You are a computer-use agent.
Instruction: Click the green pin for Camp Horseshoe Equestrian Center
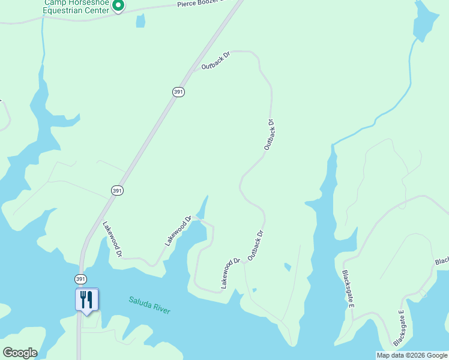point(118,6)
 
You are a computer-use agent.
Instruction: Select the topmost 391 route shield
point(178,92)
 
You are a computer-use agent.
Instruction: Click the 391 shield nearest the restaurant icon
point(80,280)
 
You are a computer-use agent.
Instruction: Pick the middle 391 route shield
point(117,190)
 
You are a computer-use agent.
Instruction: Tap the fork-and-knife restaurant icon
point(86,299)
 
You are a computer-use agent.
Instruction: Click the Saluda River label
point(149,305)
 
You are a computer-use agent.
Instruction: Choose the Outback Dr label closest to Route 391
point(216,61)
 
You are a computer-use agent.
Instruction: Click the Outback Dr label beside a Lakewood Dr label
point(256,245)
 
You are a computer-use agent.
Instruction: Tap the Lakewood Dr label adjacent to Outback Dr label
point(231,273)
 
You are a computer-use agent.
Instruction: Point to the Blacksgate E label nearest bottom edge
point(401,328)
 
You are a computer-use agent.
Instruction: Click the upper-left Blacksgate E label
point(348,290)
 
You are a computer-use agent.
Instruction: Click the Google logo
point(20,353)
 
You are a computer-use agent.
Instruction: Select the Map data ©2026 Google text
point(412,355)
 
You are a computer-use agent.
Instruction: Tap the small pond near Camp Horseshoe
point(140,21)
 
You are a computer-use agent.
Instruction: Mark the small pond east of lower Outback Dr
point(288,266)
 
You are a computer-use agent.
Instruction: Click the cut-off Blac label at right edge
point(442,262)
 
